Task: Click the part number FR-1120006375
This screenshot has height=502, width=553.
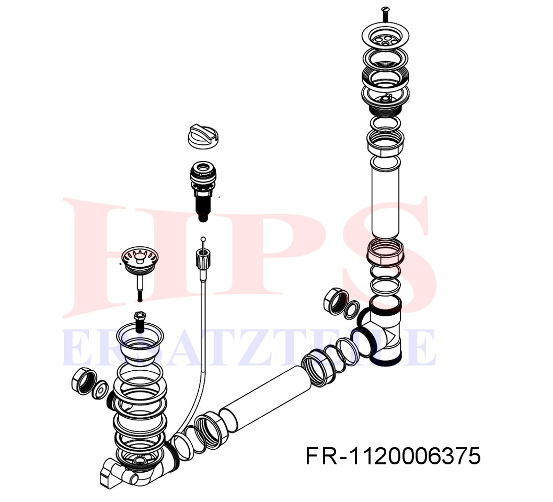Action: coord(393,456)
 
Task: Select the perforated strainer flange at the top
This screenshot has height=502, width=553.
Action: coord(385,36)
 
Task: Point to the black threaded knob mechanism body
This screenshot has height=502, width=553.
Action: coord(202,190)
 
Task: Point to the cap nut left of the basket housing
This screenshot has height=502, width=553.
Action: coord(84,382)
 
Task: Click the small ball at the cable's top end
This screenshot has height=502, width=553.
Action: coord(202,239)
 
